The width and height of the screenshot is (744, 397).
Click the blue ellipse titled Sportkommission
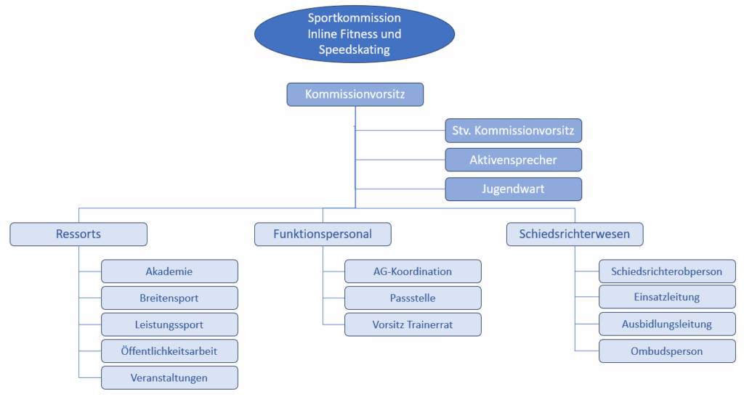(x=354, y=34)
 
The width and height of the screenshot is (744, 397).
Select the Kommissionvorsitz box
(x=355, y=94)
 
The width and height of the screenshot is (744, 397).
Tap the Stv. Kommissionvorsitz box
(x=513, y=131)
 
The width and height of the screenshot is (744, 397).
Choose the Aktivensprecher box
(x=513, y=160)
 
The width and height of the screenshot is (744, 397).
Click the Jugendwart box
(x=513, y=189)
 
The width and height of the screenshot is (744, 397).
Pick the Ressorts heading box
(x=78, y=234)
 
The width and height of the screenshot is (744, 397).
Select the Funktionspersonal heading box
(x=323, y=234)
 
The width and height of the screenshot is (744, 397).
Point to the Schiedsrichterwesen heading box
(x=575, y=234)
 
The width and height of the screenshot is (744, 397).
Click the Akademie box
(x=169, y=271)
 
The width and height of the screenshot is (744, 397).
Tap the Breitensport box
(x=169, y=298)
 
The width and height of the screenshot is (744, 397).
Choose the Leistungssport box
(x=169, y=324)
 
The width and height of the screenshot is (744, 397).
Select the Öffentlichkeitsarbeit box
(x=169, y=351)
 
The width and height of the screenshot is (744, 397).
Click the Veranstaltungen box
(x=169, y=377)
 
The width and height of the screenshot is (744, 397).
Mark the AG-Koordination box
(x=413, y=271)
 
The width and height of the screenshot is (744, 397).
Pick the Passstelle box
(x=413, y=298)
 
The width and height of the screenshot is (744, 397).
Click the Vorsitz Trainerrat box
(x=413, y=324)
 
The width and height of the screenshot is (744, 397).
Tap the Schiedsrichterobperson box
(x=667, y=271)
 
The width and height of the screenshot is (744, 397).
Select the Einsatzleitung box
(x=667, y=298)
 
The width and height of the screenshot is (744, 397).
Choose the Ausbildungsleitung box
(x=667, y=324)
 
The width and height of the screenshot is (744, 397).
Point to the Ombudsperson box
(x=667, y=351)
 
